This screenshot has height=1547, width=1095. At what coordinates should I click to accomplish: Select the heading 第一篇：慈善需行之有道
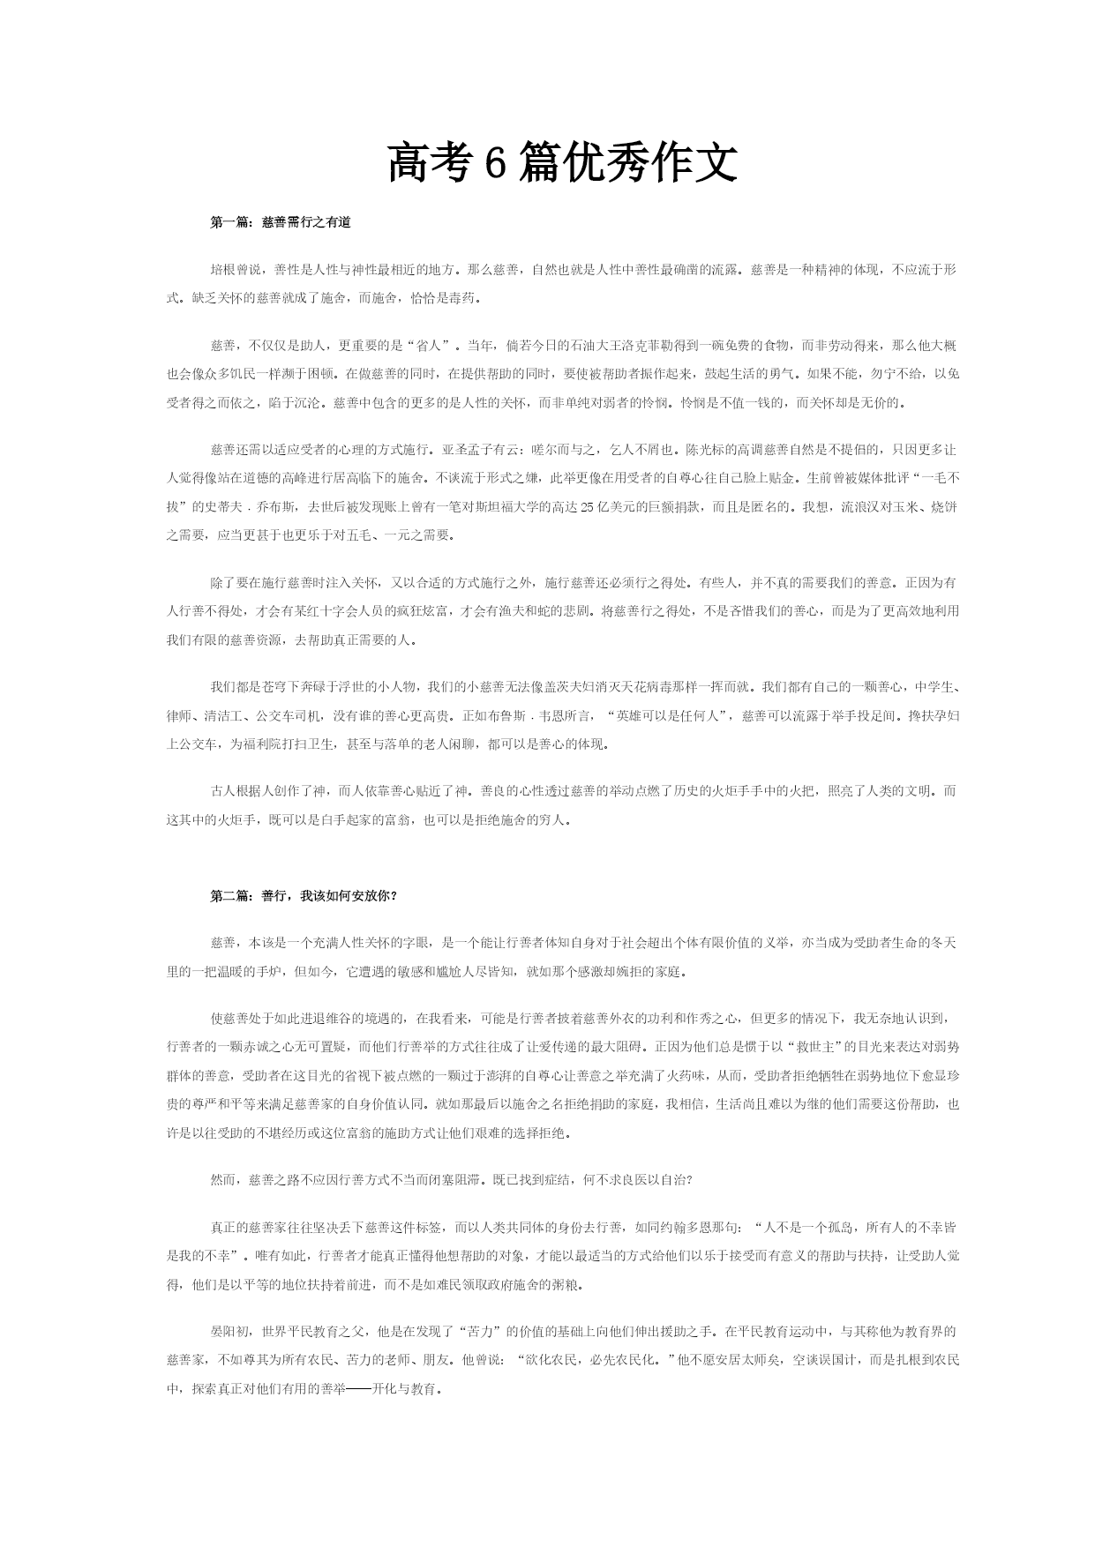[281, 223]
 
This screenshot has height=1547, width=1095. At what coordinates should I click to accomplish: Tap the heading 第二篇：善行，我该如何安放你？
[304, 896]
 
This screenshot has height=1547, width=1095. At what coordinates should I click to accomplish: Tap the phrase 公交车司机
[301, 715]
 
